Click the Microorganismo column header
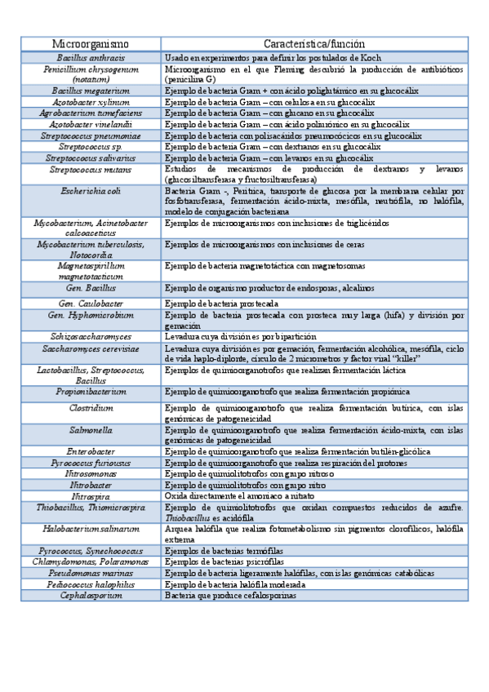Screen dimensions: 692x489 click(91, 43)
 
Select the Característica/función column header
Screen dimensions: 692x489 click(314, 43)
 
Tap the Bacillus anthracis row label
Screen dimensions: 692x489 click(91, 59)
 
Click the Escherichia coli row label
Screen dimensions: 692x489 click(91, 190)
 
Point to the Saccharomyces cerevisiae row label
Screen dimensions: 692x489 click(91, 348)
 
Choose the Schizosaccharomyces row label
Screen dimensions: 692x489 click(91, 336)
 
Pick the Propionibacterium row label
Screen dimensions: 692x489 click(91, 392)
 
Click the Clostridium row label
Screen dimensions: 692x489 click(91, 407)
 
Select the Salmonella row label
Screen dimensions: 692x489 click(91, 429)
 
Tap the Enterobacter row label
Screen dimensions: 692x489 click(91, 450)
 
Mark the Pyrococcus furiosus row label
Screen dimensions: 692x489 click(91, 463)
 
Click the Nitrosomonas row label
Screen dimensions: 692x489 click(91, 473)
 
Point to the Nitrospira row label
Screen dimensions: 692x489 click(91, 495)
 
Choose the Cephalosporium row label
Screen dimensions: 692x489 click(91, 596)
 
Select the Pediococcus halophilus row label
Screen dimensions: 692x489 click(91, 584)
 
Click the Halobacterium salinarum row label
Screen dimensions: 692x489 click(91, 529)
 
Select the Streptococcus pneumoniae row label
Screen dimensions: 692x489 click(91, 135)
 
